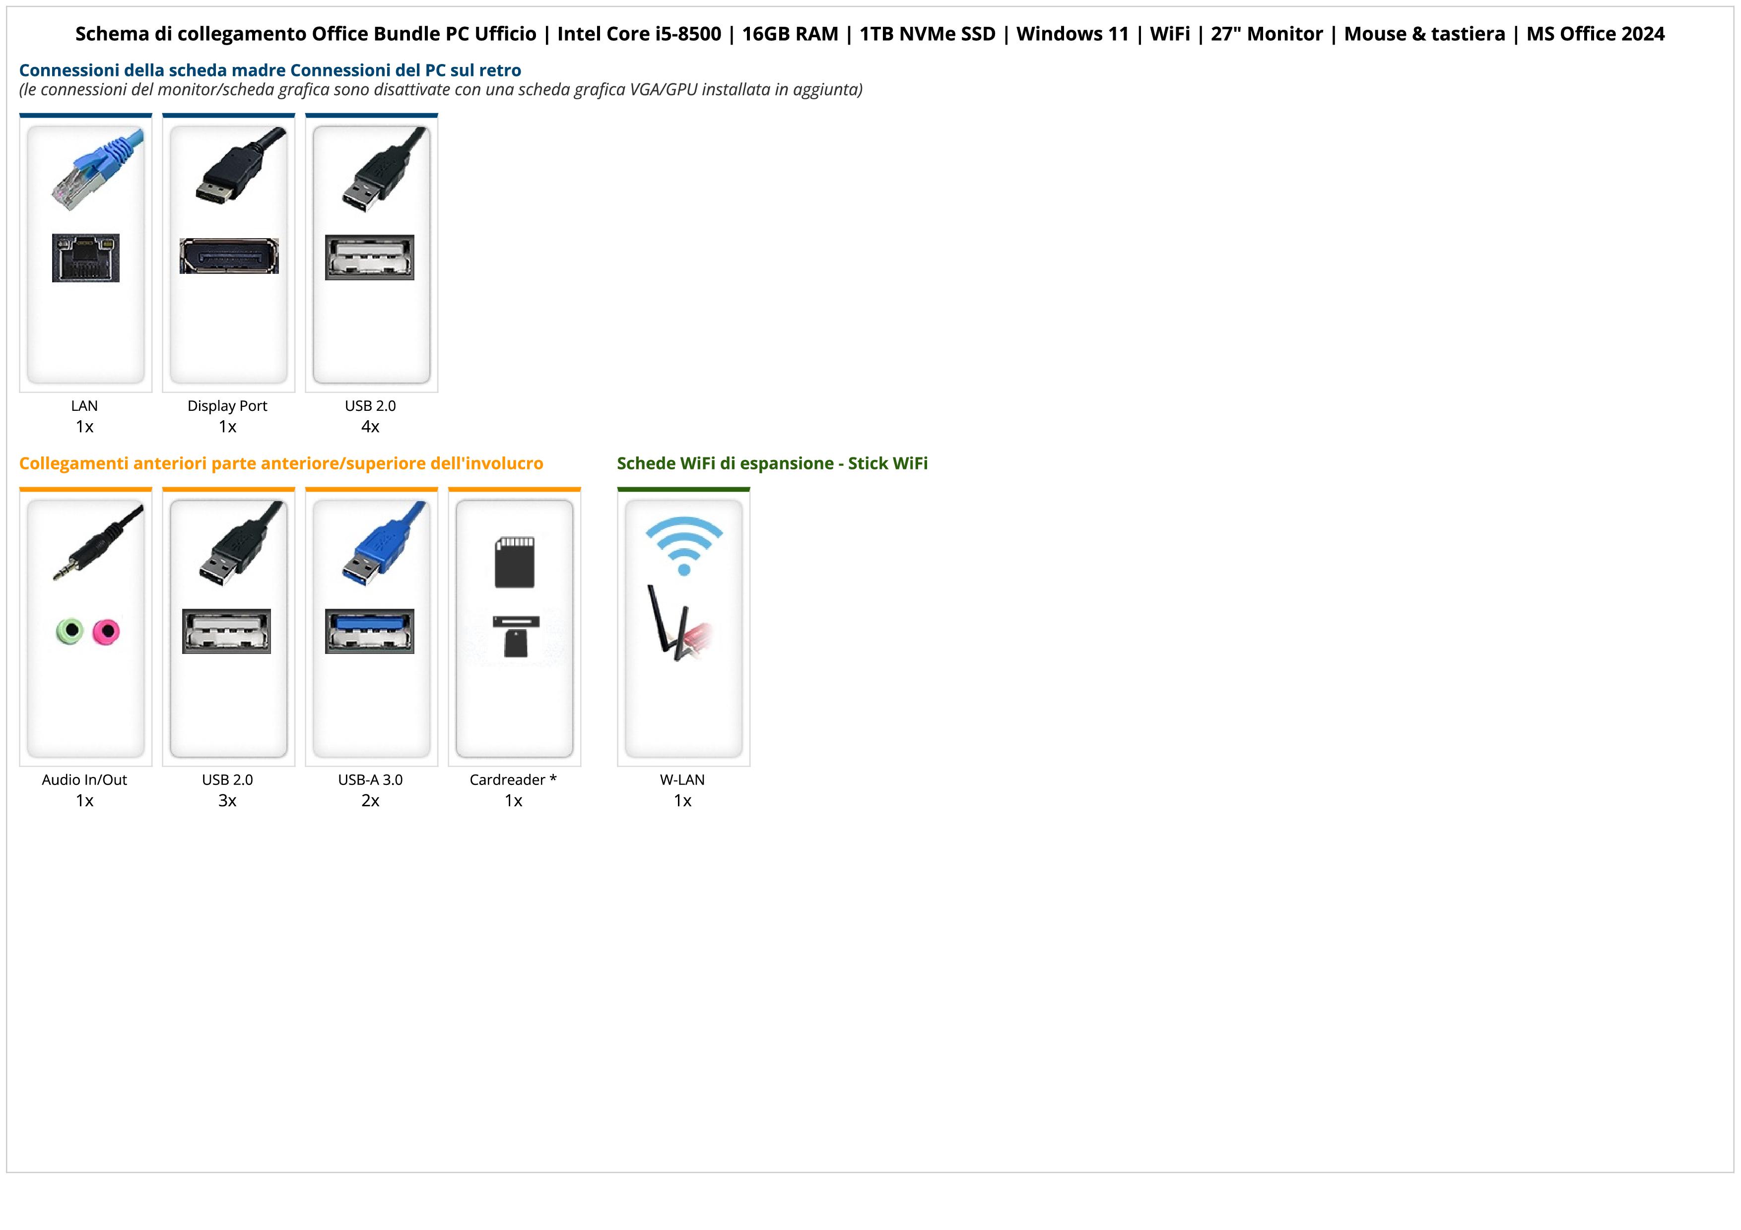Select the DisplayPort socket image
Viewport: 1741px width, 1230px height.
tap(228, 256)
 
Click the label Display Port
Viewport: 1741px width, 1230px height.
tap(227, 405)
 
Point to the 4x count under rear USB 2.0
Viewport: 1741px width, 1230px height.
tap(370, 427)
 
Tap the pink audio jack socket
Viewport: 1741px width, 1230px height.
tap(106, 631)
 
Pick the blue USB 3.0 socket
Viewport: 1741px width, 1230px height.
tap(370, 631)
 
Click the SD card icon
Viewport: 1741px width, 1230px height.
tap(514, 562)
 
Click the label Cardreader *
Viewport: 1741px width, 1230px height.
tap(513, 780)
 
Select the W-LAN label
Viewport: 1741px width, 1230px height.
tap(682, 780)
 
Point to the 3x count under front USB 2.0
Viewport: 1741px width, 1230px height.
tap(227, 801)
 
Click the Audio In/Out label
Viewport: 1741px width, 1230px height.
tap(84, 780)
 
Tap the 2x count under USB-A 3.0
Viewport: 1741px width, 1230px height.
tap(370, 801)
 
